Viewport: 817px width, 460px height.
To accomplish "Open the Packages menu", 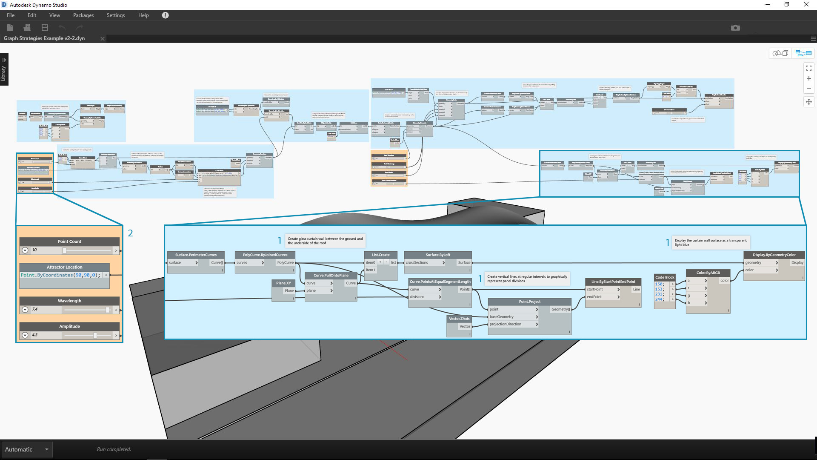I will click(x=83, y=15).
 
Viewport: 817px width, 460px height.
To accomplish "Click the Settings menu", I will click(x=115, y=15).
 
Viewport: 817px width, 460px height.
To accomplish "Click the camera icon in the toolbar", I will click(x=735, y=28).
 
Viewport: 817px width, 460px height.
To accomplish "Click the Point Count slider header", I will click(x=69, y=241).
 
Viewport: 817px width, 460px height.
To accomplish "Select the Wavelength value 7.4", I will click(x=35, y=310).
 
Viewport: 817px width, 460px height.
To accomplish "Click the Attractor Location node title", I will click(x=64, y=267).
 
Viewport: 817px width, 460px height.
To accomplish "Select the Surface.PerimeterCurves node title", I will click(x=196, y=255).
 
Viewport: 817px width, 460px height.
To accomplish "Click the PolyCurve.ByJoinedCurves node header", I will click(x=265, y=255).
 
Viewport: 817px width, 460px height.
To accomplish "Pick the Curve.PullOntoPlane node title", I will click(x=331, y=276).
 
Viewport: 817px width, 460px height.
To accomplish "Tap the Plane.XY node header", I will click(x=283, y=283).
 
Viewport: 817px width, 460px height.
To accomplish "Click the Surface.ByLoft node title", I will click(x=438, y=255).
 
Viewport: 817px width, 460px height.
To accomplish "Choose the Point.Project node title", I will click(x=529, y=302).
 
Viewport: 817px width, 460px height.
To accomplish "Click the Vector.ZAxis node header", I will click(x=459, y=319).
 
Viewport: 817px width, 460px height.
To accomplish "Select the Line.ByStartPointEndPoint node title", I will click(x=613, y=282).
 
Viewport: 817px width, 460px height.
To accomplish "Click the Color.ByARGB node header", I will click(x=708, y=273).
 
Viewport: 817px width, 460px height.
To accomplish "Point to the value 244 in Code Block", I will click(x=659, y=299).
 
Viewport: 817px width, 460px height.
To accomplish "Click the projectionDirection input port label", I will click(x=505, y=324).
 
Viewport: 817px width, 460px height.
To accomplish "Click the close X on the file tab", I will click(x=102, y=39).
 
